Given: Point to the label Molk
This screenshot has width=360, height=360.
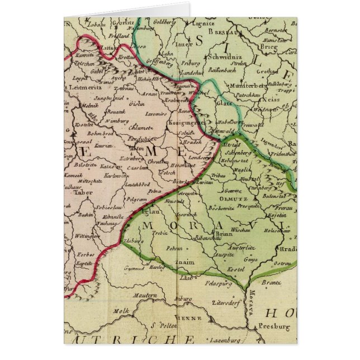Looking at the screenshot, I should (122, 311).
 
